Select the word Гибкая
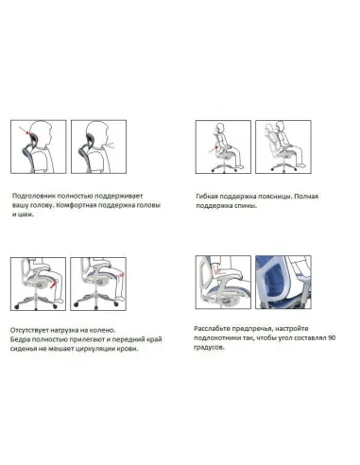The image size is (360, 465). (x=206, y=197)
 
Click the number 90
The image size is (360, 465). (x=332, y=337)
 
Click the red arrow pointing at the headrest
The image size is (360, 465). (x=24, y=129)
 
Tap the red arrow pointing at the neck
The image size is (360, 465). (x=109, y=145)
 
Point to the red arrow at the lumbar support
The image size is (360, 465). (x=213, y=149)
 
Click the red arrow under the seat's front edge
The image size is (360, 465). (x=54, y=284)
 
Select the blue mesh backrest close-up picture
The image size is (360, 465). (x=283, y=283)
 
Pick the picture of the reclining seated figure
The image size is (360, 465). (x=283, y=146)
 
